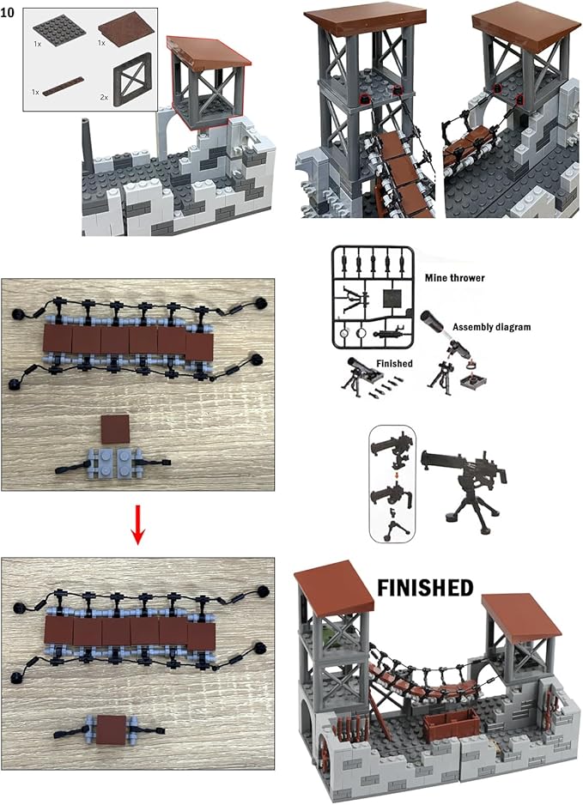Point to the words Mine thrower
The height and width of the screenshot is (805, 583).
coord(454,276)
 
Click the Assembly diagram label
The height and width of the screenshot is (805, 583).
coord(492,327)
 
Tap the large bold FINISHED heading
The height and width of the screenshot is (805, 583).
coord(425,588)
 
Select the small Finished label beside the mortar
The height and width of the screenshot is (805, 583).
coord(393,364)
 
